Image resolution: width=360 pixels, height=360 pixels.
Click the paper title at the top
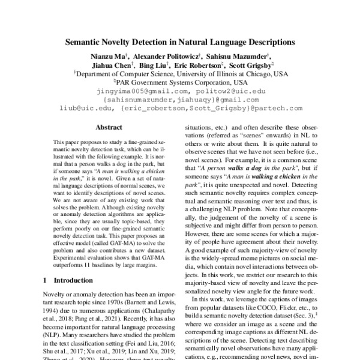[180, 43]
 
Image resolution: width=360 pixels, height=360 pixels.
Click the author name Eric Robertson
[200, 65]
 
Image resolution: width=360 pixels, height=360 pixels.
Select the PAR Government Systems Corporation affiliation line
[181, 82]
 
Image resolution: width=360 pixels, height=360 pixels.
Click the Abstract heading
[109, 128]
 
